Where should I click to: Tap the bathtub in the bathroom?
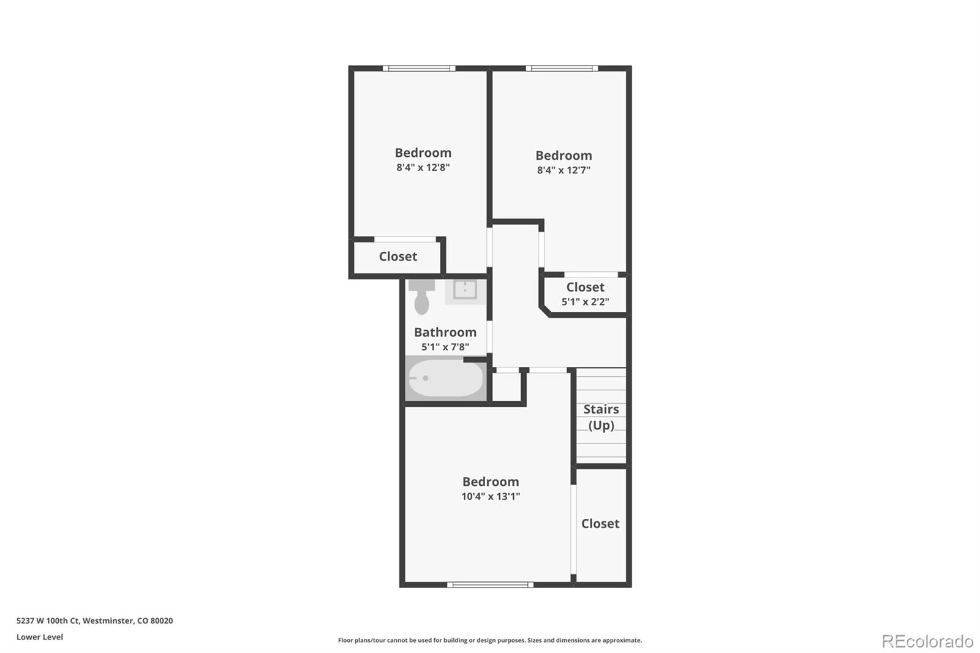[445, 379]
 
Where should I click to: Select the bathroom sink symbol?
[465, 290]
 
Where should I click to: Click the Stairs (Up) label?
[601, 417]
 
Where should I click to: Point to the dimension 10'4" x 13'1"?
[490, 497]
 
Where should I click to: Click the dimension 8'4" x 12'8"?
[423, 167]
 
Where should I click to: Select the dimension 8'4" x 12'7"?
[563, 170]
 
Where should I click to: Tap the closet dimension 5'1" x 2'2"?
[585, 302]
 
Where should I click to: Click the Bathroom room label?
[445, 332]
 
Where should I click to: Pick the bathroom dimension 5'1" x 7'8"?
[445, 347]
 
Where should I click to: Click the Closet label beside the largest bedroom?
[600, 524]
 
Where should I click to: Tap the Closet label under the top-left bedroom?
[398, 257]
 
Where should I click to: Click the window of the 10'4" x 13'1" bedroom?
[490, 584]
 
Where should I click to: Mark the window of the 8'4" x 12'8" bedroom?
[419, 69]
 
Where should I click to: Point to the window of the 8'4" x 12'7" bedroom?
[562, 69]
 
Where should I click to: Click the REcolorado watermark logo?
[927, 641]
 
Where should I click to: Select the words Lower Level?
[40, 637]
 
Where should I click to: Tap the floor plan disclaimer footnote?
[490, 640]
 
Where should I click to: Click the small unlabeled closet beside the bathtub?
[507, 387]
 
